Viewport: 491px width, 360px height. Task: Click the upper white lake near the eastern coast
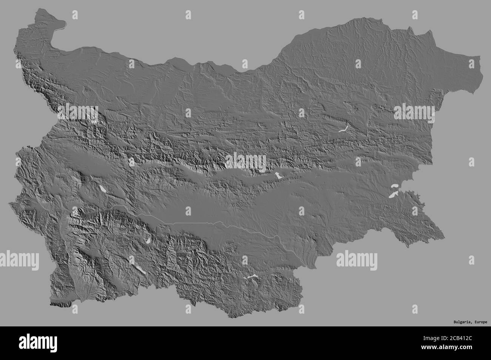395,187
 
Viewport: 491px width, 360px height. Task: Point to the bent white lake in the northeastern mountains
343,129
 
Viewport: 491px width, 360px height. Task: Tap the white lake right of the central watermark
278,176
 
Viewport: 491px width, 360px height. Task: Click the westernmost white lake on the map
102,189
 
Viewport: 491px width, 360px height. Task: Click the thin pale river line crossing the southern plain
212,223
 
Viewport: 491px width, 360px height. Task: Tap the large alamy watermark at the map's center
246,162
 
